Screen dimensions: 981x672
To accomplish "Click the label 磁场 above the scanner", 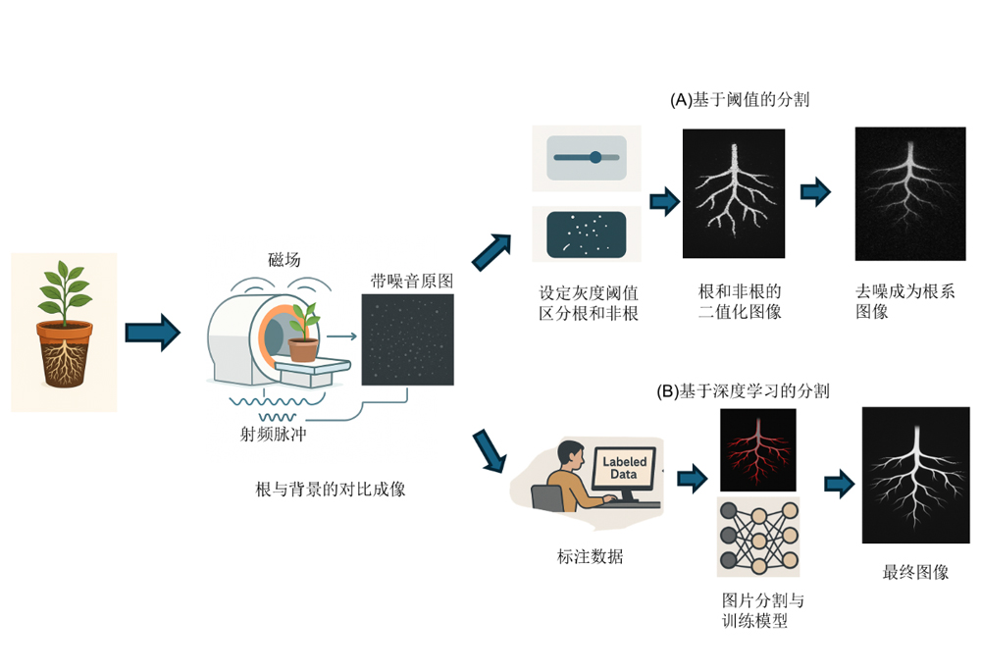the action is tap(284, 259).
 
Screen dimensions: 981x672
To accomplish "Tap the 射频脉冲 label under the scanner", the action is tap(274, 435).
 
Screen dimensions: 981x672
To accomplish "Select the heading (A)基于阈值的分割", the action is tap(740, 99).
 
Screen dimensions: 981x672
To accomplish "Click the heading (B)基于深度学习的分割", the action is tap(743, 391).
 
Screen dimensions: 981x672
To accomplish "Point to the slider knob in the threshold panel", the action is tap(595, 157).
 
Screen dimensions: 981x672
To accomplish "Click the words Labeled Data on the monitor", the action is tap(624, 468).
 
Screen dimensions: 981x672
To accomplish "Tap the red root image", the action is tap(757, 450).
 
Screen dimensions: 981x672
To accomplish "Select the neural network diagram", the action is tap(758, 537).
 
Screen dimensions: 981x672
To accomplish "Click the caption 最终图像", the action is tap(915, 572).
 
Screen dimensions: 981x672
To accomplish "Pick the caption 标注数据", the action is tap(590, 556).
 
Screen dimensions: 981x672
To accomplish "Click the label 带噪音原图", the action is tap(412, 281).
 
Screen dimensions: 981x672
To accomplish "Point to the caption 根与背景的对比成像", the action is tap(331, 490).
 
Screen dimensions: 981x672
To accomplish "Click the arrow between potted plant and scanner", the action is tap(153, 333).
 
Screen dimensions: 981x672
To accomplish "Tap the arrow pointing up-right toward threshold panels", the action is tap(491, 252).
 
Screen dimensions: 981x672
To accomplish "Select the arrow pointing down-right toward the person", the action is tap(489, 450).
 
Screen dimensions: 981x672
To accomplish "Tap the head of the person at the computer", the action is tap(569, 453).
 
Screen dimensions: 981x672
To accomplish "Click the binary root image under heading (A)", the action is tap(733, 193).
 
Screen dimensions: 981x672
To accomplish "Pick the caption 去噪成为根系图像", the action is tap(904, 301).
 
